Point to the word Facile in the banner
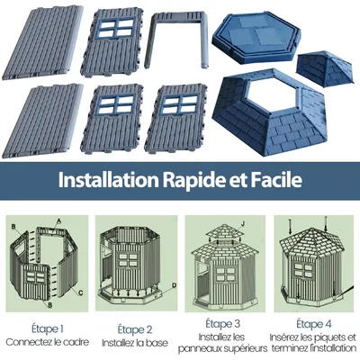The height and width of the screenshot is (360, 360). (x=277, y=178)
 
